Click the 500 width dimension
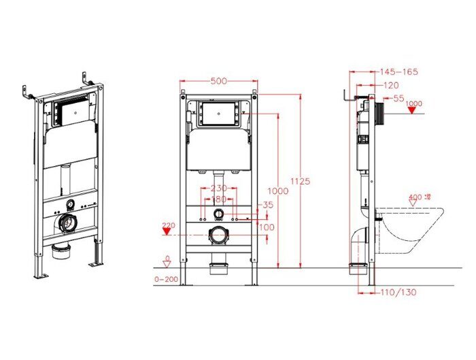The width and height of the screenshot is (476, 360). point(218,81)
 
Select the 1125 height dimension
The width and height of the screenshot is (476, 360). point(303,181)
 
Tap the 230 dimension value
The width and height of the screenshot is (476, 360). point(218,189)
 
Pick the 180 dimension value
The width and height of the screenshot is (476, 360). point(218,199)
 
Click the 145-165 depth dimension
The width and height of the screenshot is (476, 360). point(398,71)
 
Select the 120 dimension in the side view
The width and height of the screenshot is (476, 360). point(391,85)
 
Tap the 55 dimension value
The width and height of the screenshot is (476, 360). point(398,98)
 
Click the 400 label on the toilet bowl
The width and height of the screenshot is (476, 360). point(415,197)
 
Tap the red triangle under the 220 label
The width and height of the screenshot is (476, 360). point(165,231)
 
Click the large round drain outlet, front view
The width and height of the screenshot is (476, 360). point(218,236)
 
